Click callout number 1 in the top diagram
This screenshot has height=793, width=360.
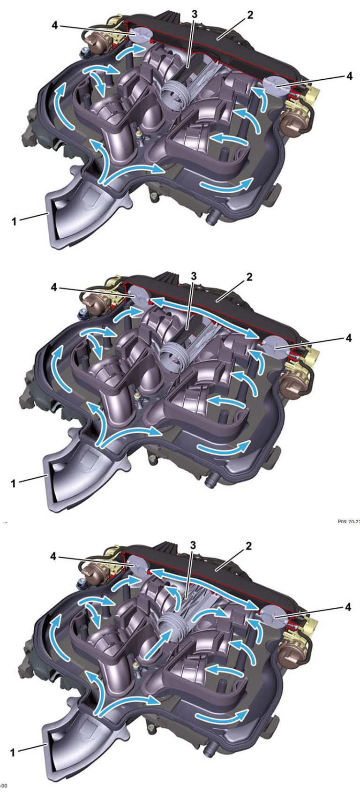(x=15, y=220)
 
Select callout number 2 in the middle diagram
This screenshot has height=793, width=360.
(x=249, y=277)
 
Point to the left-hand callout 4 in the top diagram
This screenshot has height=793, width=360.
(x=55, y=25)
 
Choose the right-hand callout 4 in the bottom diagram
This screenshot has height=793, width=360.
(x=348, y=607)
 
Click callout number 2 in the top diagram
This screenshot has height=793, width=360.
(x=250, y=15)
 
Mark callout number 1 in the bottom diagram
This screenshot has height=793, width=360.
(x=13, y=752)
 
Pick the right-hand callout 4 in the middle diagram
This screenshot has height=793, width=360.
(x=348, y=338)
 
